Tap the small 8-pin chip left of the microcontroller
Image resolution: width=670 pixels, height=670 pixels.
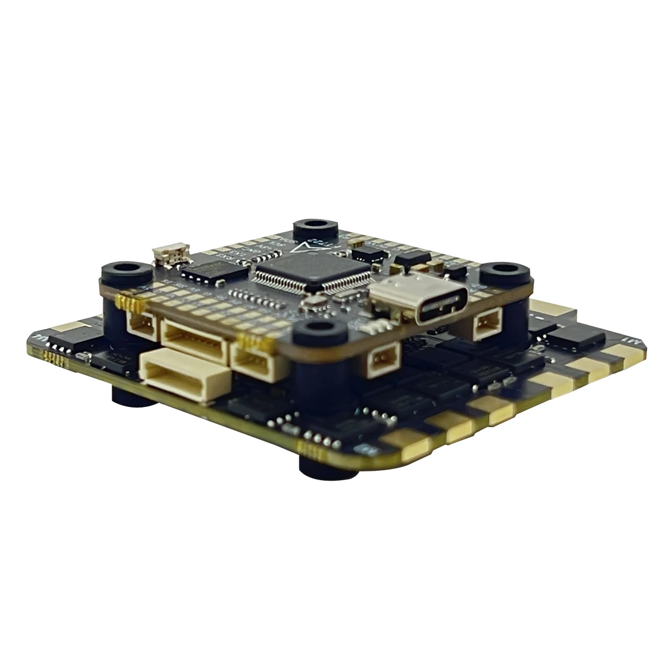tap(208, 271)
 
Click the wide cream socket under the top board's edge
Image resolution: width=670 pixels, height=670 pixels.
tap(195, 341)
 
